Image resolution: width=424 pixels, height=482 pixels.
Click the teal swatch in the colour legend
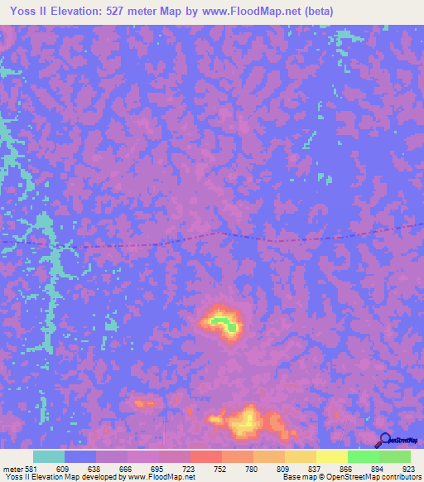click(x=49, y=457)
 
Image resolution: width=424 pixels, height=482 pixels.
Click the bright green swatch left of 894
click(x=363, y=457)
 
